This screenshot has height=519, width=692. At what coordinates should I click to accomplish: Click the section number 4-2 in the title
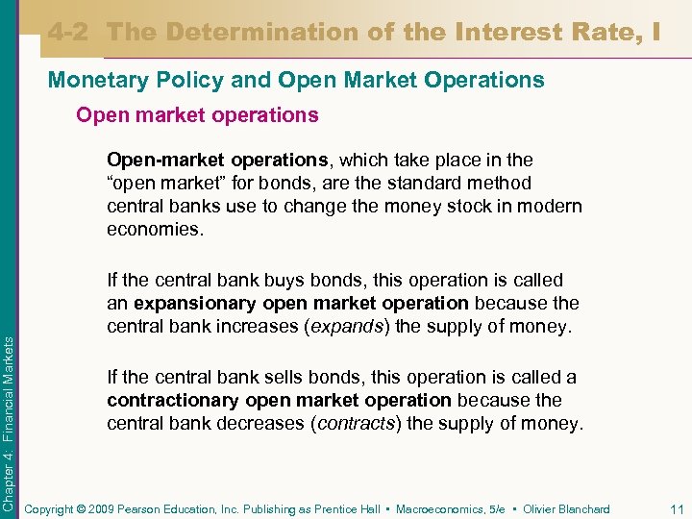[73, 32]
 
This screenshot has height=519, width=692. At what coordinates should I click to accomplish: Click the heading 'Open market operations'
[197, 115]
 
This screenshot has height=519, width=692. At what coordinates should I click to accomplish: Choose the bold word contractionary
[174, 400]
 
